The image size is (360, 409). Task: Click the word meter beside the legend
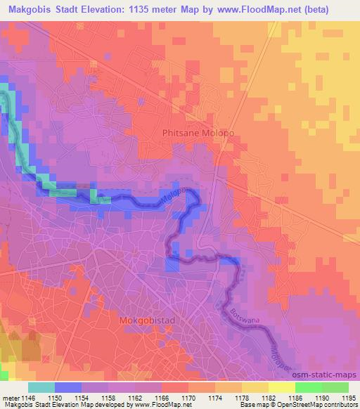point(11,398)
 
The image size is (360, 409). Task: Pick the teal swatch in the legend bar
point(41,387)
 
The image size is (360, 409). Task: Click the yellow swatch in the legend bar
point(281,387)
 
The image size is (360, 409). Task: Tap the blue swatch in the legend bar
point(68,387)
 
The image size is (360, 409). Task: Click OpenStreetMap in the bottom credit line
point(289,405)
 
